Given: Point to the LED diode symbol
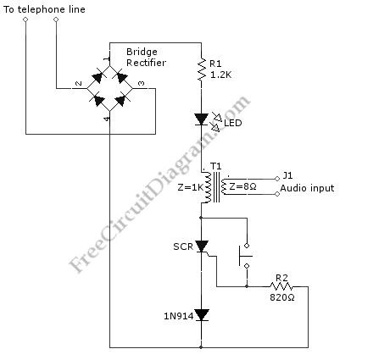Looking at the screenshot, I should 201,120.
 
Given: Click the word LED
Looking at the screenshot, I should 233,124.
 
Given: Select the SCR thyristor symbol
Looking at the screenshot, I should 202,247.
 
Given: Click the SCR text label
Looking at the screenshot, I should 182,248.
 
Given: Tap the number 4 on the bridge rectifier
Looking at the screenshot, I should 106,119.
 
